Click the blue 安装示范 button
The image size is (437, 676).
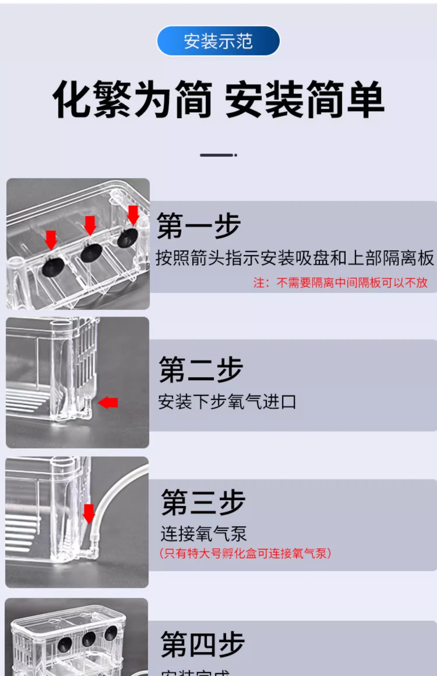(x=218, y=41)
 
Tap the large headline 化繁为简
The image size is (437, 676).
(x=132, y=99)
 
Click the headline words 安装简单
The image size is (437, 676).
(x=304, y=99)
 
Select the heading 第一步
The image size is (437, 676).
(x=199, y=226)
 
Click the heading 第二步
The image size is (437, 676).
(x=201, y=369)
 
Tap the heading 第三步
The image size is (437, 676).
(x=203, y=502)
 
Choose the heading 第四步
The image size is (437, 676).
(x=203, y=644)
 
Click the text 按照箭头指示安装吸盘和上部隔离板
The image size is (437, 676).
(x=295, y=258)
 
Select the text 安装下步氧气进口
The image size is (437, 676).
(x=227, y=402)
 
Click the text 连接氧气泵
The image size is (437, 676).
(x=204, y=534)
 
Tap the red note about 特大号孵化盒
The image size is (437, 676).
(x=245, y=553)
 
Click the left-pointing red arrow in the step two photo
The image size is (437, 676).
(x=108, y=402)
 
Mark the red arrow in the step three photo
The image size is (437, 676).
(x=88, y=514)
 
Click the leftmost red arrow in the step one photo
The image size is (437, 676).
(x=51, y=239)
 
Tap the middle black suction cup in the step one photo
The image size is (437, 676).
(x=91, y=252)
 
